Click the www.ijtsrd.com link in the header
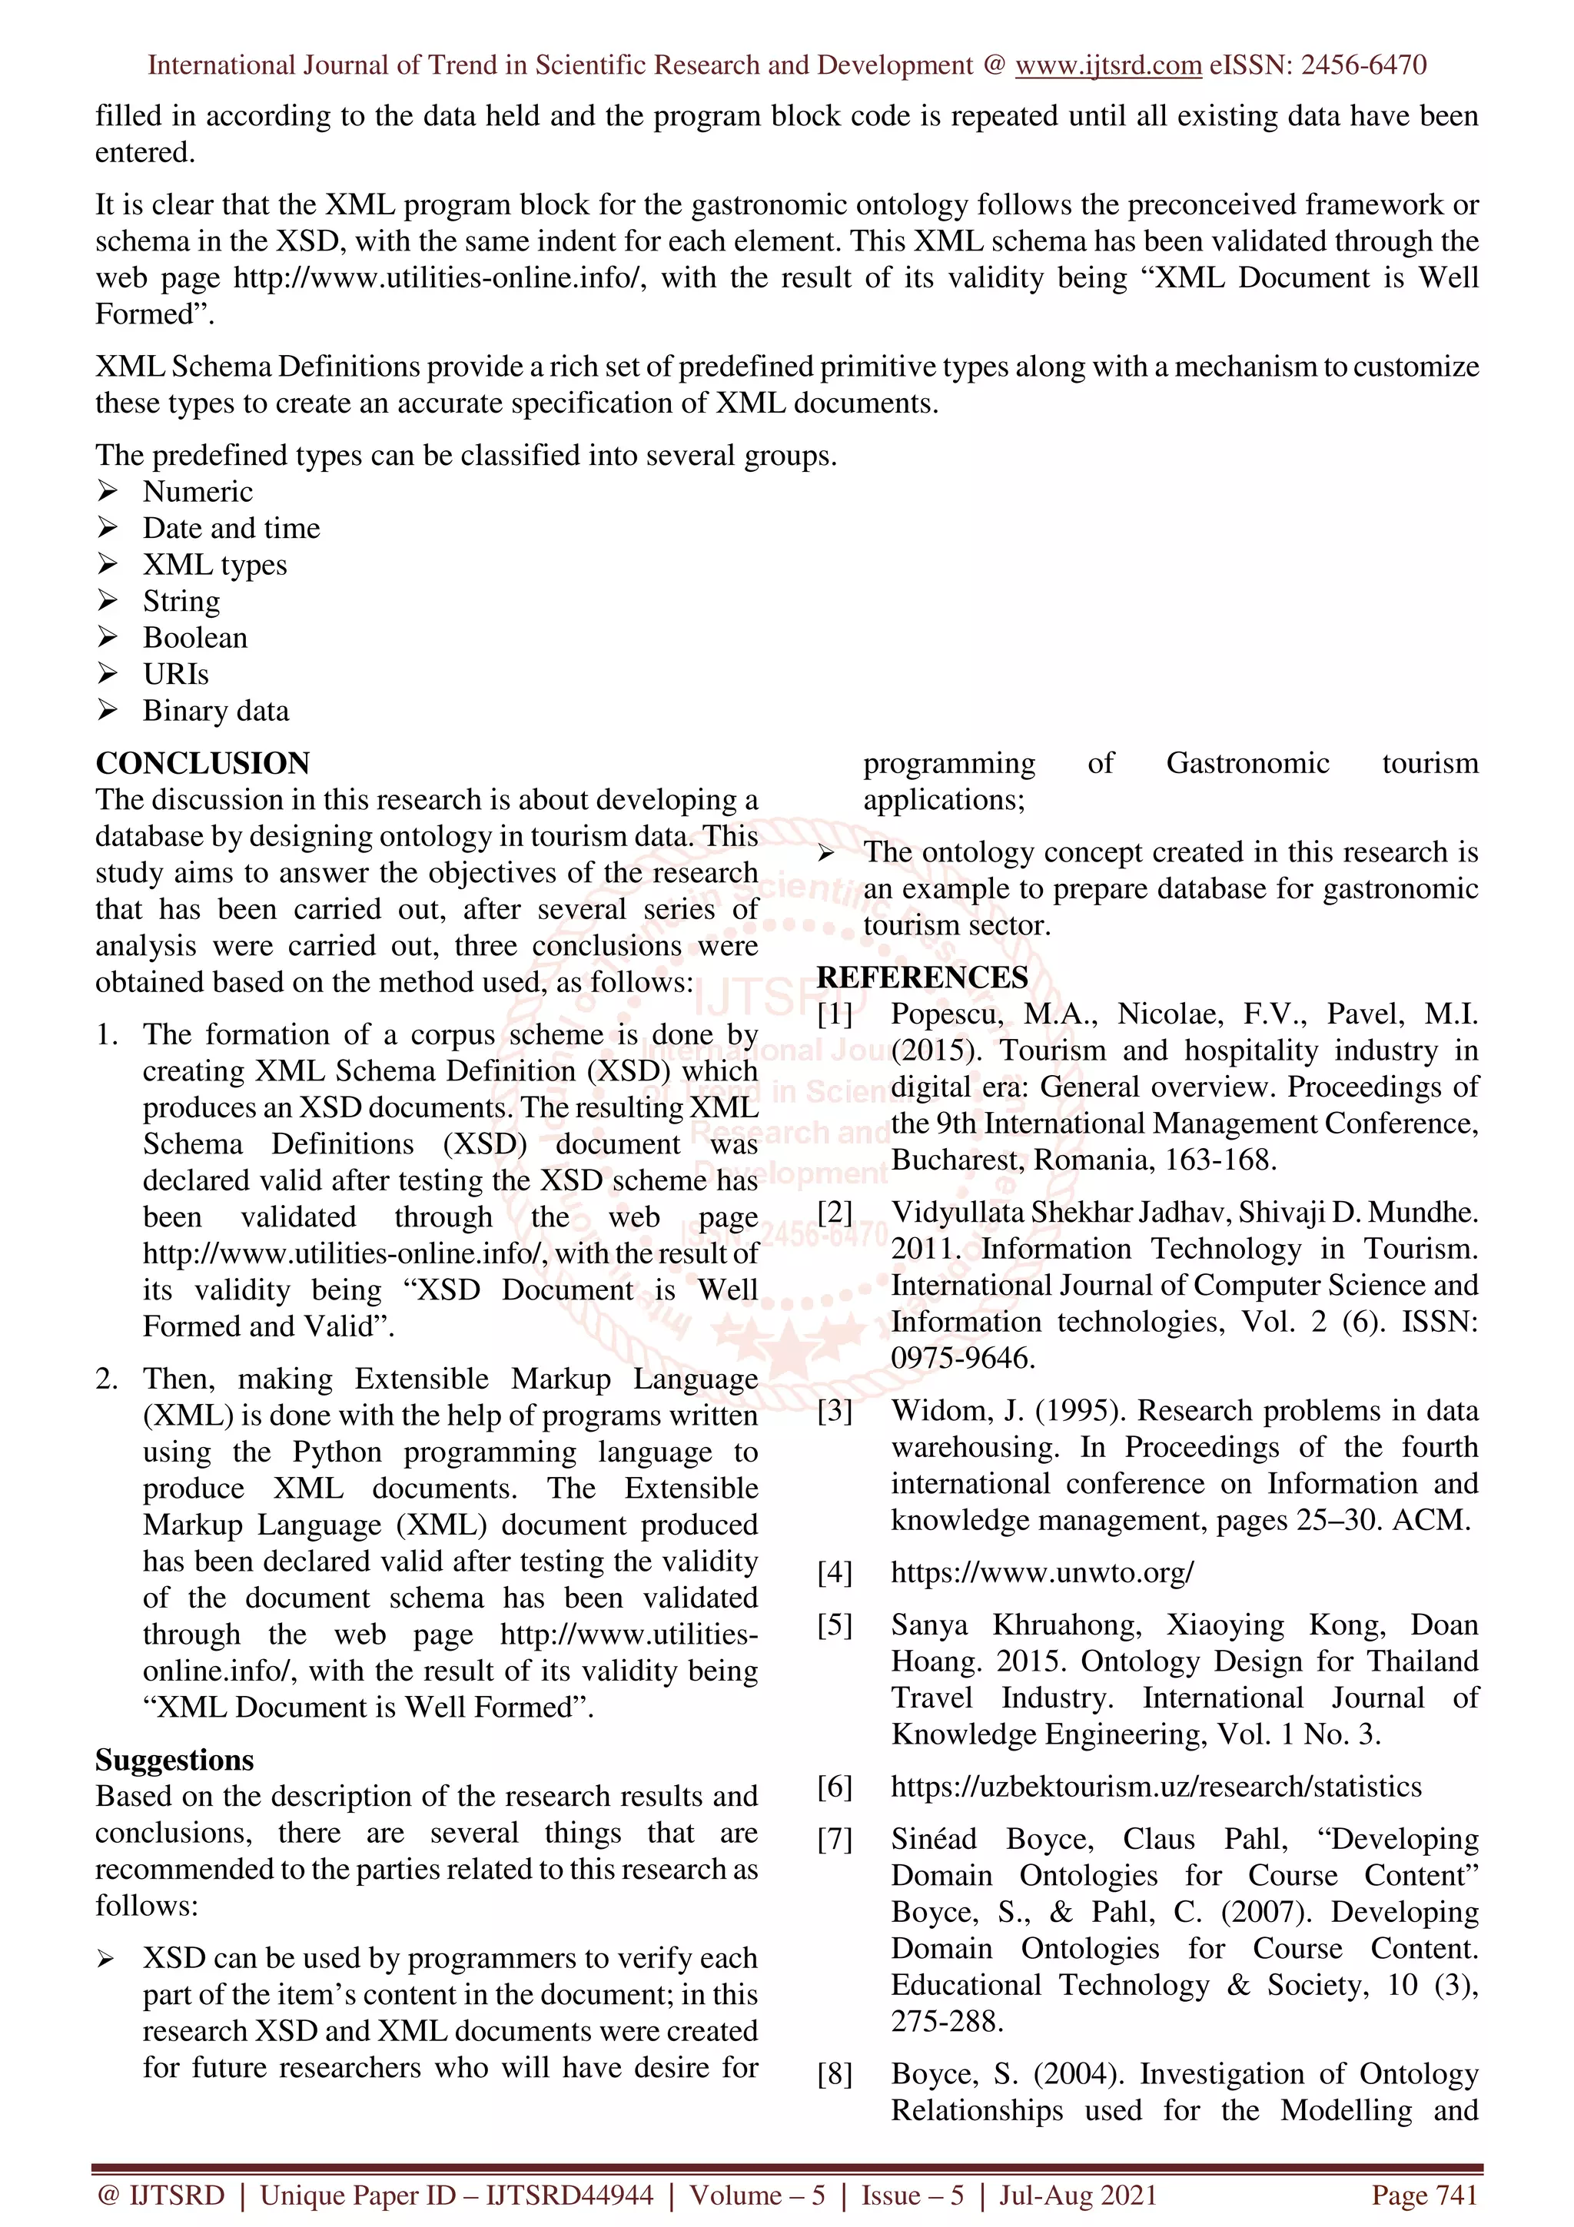point(1107,66)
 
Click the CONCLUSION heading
point(203,763)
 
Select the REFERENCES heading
point(921,977)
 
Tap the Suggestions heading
point(174,1761)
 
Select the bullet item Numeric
point(198,492)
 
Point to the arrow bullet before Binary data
point(107,711)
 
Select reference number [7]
point(834,1840)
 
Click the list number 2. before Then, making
point(107,1379)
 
